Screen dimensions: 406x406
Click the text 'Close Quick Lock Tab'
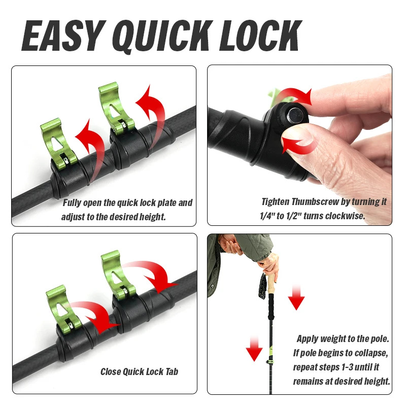click(x=139, y=371)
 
